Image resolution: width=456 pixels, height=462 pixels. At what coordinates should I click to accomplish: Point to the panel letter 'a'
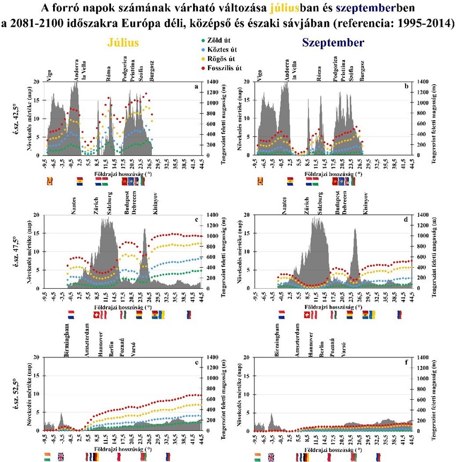coord(197,85)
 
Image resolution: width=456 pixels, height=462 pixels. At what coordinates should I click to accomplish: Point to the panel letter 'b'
coord(406,85)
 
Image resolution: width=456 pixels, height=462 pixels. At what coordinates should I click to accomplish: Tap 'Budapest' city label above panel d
coord(337,203)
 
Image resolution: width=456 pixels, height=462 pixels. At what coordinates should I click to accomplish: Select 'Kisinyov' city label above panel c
coord(155,204)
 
